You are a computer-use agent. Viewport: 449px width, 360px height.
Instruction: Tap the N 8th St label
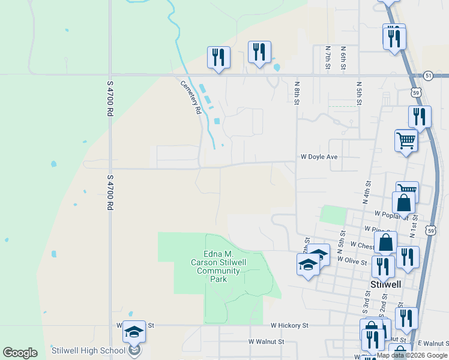tap(297, 93)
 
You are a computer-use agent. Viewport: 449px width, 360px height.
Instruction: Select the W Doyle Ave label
tap(319, 157)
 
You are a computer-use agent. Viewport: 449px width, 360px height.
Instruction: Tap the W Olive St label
tap(352, 260)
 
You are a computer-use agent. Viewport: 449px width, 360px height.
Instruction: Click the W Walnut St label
tap(267, 341)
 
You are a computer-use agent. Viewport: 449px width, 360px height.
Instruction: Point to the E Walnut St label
tap(432, 342)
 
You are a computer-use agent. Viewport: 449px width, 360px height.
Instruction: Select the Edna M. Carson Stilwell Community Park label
tap(219, 266)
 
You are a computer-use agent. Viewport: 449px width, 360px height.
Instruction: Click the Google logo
tap(20, 353)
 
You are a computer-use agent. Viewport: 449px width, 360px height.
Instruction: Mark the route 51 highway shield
tap(427, 75)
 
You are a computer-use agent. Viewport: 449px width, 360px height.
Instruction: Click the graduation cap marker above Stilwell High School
tap(134, 331)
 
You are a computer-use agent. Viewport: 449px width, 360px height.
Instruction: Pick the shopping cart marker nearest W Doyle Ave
tap(406, 141)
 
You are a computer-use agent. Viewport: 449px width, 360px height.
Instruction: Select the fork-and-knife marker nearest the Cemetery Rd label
tap(218, 58)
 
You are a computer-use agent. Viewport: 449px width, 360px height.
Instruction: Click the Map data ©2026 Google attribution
tap(412, 355)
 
